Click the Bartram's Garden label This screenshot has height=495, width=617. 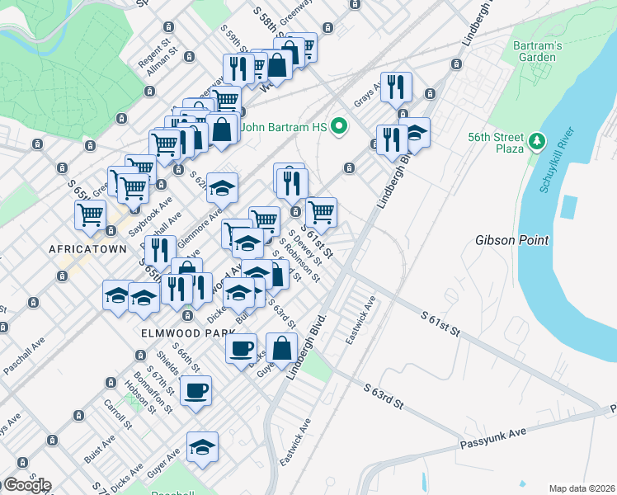[537, 51]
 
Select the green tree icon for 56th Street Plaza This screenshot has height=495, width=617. [538, 141]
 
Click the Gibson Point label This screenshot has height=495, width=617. [509, 241]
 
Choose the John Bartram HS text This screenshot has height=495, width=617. [285, 127]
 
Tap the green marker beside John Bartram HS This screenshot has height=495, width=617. [337, 127]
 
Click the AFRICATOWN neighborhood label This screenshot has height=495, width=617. [87, 248]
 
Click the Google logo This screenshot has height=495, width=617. [26, 484]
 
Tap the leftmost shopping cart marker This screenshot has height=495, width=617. [90, 215]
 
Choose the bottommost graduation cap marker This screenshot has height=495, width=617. [202, 447]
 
